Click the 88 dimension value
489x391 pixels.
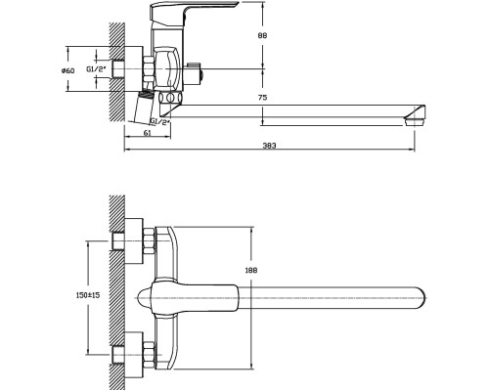pos(262,35)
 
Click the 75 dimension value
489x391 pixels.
pos(262,97)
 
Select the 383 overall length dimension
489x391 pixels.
pos(269,146)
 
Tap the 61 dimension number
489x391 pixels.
pos(148,133)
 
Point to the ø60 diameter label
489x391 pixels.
pos(68,70)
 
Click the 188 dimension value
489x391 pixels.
pos(250,270)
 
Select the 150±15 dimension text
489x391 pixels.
pos(88,295)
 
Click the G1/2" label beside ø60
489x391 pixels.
pos(96,69)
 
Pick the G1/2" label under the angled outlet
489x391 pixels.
pos(160,122)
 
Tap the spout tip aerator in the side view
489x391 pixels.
pos(415,118)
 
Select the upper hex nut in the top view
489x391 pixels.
pos(149,240)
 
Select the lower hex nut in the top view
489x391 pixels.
pos(149,355)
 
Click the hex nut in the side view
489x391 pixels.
pos(149,69)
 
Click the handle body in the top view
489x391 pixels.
pos(188,298)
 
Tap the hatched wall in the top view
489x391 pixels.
pos(116,292)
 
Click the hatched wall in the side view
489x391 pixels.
pos(116,71)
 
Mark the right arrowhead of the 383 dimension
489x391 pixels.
pos(413,150)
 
